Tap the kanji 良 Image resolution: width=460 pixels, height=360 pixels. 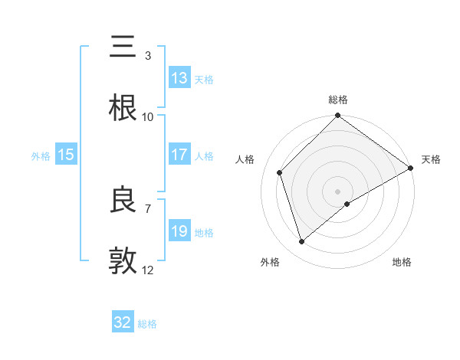pyautogui.click(x=123, y=201)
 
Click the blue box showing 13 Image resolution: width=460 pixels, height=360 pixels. pyautogui.click(x=179, y=78)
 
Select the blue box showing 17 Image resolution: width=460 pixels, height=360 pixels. pyautogui.click(x=179, y=155)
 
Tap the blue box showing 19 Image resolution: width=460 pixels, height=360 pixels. pyautogui.click(x=179, y=231)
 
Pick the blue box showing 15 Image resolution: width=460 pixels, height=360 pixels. pyautogui.click(x=66, y=155)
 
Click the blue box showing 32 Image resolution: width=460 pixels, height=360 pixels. pyautogui.click(x=123, y=322)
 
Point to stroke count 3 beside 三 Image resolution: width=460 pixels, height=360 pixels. pyautogui.click(x=148, y=55)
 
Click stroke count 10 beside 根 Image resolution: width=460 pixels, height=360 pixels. pyautogui.click(x=148, y=116)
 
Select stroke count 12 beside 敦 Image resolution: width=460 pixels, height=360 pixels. pyautogui.click(x=148, y=270)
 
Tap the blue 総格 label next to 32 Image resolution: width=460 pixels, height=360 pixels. pyautogui.click(x=147, y=324)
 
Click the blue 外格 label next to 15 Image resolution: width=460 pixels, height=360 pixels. pyautogui.click(x=41, y=155)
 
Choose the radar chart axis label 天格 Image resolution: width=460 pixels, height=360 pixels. pyautogui.click(x=431, y=159)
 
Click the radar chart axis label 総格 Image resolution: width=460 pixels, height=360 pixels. pyautogui.click(x=338, y=100)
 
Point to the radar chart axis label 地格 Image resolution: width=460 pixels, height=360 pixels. pyautogui.click(x=402, y=262)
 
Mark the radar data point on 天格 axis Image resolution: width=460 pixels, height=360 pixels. pyautogui.click(x=411, y=168)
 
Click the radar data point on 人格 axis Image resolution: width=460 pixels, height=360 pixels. pyautogui.click(x=280, y=172)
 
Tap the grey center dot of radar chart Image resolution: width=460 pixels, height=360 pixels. pyautogui.click(x=338, y=191)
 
